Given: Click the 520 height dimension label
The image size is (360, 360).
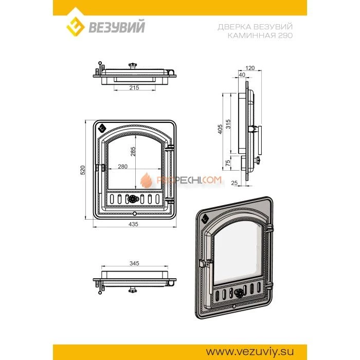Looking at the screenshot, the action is pos(83,170).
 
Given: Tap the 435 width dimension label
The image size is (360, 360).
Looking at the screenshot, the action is pos(133,224).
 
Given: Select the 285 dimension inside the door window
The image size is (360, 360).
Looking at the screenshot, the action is pos(133,152).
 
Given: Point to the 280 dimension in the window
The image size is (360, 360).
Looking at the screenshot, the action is pos(122,167).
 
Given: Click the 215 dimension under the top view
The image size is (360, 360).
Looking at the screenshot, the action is pos(134,87).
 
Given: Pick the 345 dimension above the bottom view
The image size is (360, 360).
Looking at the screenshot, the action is pos(134,263).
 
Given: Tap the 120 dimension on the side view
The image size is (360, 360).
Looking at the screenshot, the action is pos(250,68).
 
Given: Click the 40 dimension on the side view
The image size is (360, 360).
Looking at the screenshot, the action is pos(242,75).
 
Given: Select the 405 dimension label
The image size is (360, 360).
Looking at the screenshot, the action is pos(220,129).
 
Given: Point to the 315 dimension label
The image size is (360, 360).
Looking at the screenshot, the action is pos(228,124).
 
